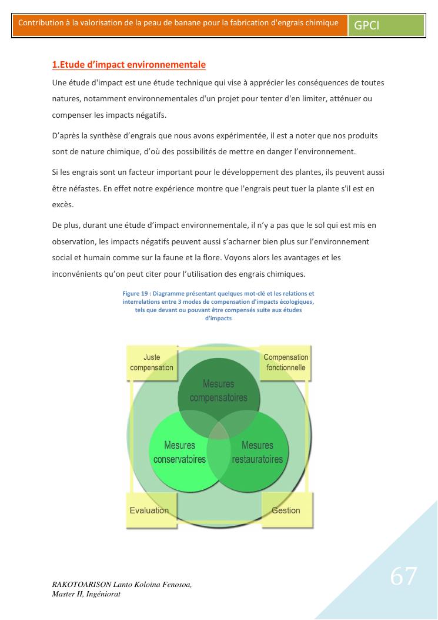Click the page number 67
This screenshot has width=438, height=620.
pos(404,576)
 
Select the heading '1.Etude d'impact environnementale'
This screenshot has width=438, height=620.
pos(129,64)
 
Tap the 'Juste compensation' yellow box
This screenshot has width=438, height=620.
pos(152,363)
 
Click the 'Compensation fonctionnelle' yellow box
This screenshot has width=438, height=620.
pos(286,363)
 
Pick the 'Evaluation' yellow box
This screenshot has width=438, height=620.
pos(149,510)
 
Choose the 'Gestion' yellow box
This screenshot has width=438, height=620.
pos(286,510)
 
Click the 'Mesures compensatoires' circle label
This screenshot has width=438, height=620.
pos(218,391)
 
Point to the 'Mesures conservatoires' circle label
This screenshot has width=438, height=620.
pos(179,452)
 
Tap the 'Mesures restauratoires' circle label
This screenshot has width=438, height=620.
pos(258,452)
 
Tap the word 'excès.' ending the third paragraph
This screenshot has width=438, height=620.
pos(62,205)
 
